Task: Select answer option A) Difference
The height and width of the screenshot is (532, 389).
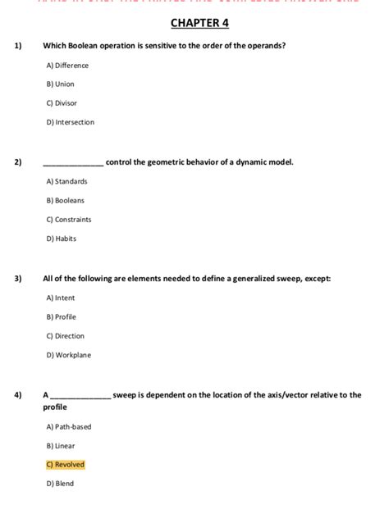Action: tap(67, 66)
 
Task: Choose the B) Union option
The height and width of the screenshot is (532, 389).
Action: tap(61, 84)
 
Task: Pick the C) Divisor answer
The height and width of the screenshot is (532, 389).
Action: tap(62, 103)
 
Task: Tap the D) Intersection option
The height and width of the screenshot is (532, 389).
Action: tap(71, 122)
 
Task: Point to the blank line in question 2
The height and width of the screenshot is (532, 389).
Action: tap(73, 163)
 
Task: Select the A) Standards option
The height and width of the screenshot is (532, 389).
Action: tap(66, 181)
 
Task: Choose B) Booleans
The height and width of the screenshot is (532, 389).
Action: tap(66, 200)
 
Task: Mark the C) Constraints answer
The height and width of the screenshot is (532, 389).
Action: tap(69, 220)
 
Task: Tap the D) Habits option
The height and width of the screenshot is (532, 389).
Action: tap(62, 239)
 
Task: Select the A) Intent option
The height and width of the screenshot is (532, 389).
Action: tap(61, 298)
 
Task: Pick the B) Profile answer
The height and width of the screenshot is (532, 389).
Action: tap(62, 316)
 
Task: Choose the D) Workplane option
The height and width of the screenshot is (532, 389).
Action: tap(69, 355)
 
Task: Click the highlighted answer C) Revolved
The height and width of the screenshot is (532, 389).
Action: tap(66, 465)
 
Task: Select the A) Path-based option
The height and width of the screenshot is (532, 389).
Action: tap(69, 426)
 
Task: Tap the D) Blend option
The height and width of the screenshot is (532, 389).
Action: tap(61, 484)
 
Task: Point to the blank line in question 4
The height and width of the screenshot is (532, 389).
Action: tap(81, 396)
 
